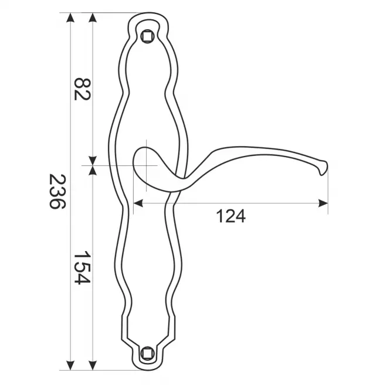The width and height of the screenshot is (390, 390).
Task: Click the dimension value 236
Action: click(x=57, y=192)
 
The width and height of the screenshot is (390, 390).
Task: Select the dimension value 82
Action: click(x=82, y=89)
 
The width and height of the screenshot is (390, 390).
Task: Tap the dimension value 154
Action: click(x=82, y=267)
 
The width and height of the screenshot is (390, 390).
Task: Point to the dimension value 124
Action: click(x=231, y=216)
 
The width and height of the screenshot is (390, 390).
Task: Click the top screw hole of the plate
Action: click(x=147, y=36)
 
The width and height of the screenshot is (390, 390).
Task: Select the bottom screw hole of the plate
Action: click(x=147, y=353)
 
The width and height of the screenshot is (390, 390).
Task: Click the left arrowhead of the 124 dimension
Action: click(x=138, y=203)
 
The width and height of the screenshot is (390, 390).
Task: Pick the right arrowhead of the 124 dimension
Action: click(x=323, y=203)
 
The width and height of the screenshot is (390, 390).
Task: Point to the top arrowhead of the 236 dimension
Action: click(x=70, y=18)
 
